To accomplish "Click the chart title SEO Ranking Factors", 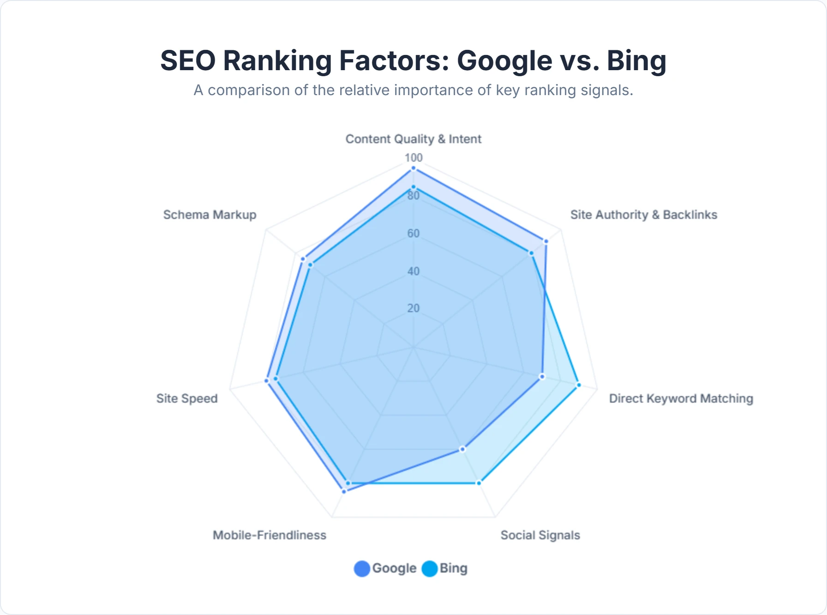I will (413, 60).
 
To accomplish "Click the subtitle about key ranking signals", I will (413, 90).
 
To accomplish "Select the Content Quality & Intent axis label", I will (413, 139).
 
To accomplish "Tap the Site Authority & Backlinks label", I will (643, 215).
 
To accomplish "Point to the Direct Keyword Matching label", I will (681, 398).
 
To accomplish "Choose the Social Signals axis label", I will (540, 535).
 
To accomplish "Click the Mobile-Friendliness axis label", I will (269, 535).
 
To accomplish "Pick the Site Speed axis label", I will (186, 398).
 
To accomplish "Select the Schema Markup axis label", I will (210, 215).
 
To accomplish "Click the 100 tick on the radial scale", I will (413, 158).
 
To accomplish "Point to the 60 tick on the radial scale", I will (413, 234).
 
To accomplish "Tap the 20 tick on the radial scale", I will (413, 308).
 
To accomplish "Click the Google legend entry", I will (385, 568).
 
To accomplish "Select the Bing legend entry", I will (445, 568).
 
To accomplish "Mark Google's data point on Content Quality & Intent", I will (413, 169).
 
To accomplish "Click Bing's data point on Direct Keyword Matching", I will (579, 385).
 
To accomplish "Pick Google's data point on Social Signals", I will (463, 449).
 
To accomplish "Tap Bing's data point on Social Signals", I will (479, 483).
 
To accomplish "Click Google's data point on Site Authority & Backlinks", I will (546, 241).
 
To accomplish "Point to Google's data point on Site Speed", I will (266, 380).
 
